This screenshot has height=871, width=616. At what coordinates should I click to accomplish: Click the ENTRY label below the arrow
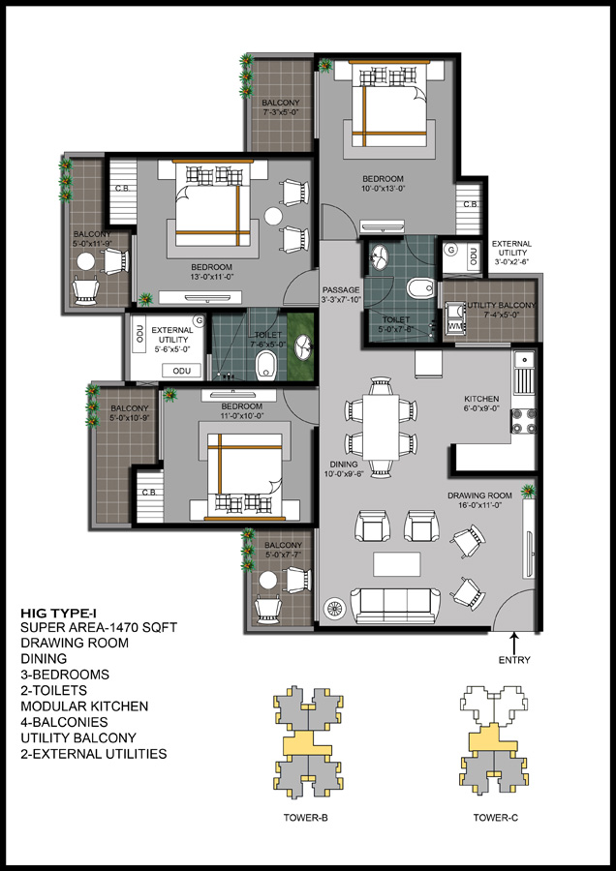(x=514, y=660)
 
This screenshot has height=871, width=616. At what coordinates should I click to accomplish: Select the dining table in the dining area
(x=381, y=427)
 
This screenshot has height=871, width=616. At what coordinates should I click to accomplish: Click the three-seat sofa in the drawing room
(x=395, y=606)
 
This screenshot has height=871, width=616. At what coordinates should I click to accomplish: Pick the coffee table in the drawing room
(x=397, y=564)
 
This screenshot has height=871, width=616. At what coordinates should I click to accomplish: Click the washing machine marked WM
(x=455, y=325)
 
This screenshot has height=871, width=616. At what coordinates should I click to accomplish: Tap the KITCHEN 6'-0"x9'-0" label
(x=481, y=404)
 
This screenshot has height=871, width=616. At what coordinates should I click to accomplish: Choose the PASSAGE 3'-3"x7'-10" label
(x=341, y=294)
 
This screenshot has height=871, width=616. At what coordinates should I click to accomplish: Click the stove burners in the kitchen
(x=524, y=421)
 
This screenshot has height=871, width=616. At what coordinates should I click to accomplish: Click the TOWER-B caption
(x=306, y=818)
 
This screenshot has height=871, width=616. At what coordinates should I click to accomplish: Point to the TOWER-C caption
(x=496, y=818)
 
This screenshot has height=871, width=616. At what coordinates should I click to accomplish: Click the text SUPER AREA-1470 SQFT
(x=99, y=628)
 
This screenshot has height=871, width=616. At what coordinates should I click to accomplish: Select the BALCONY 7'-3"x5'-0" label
(x=281, y=107)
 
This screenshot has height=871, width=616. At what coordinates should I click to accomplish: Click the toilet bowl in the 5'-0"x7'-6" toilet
(x=418, y=288)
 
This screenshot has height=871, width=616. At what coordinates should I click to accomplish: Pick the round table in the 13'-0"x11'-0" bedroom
(x=273, y=216)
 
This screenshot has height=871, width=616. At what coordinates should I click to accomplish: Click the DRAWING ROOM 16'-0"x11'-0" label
(x=479, y=500)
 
